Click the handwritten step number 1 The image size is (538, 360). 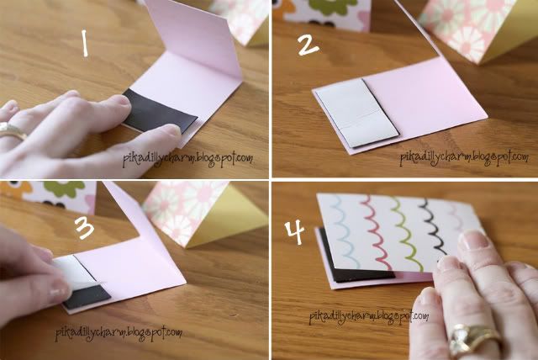(x=85, y=43)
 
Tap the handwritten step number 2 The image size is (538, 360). (x=309, y=45)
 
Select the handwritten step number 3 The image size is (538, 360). (x=84, y=227)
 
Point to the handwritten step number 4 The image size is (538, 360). (x=295, y=232)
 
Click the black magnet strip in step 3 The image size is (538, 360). (x=87, y=297)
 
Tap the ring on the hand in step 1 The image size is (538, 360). (x=12, y=131)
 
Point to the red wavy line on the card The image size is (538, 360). (x=377, y=232)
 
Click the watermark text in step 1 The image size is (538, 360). (x=188, y=159)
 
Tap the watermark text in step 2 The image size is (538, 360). (x=464, y=157)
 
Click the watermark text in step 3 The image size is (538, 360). (x=119, y=333)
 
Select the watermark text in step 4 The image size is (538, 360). (x=369, y=316)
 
